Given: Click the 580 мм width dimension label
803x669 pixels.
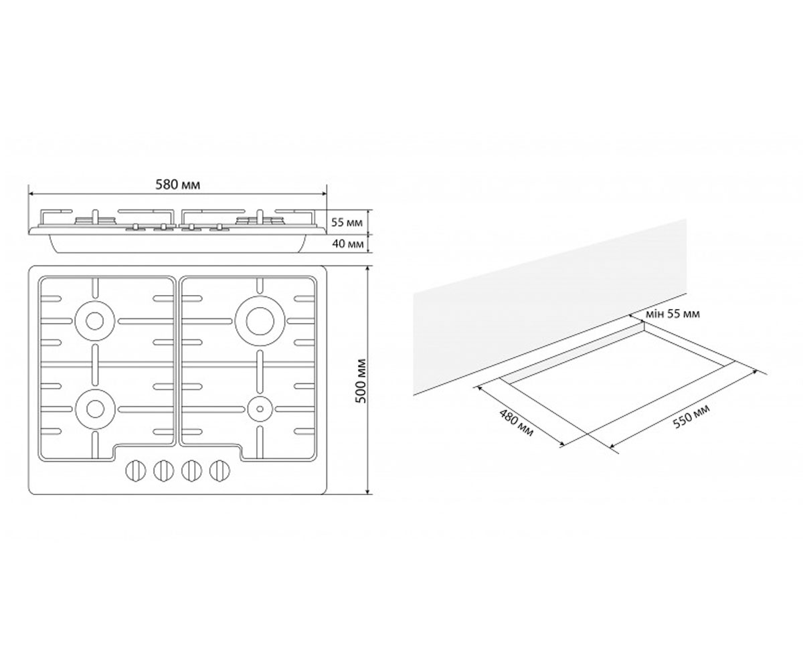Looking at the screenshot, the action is [178, 185].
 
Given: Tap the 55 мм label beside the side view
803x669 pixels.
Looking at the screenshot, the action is [347, 222].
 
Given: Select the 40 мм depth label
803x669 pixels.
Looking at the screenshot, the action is [347, 244].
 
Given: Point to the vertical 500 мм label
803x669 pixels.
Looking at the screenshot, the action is [361, 381].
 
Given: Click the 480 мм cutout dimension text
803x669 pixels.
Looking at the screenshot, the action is [516, 423].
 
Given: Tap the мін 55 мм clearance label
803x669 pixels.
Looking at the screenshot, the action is [673, 314].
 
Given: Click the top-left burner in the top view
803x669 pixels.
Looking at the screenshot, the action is [94, 321].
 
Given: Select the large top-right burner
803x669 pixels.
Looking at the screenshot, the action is [260, 321].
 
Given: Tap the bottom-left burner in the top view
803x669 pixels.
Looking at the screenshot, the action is [94, 408].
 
